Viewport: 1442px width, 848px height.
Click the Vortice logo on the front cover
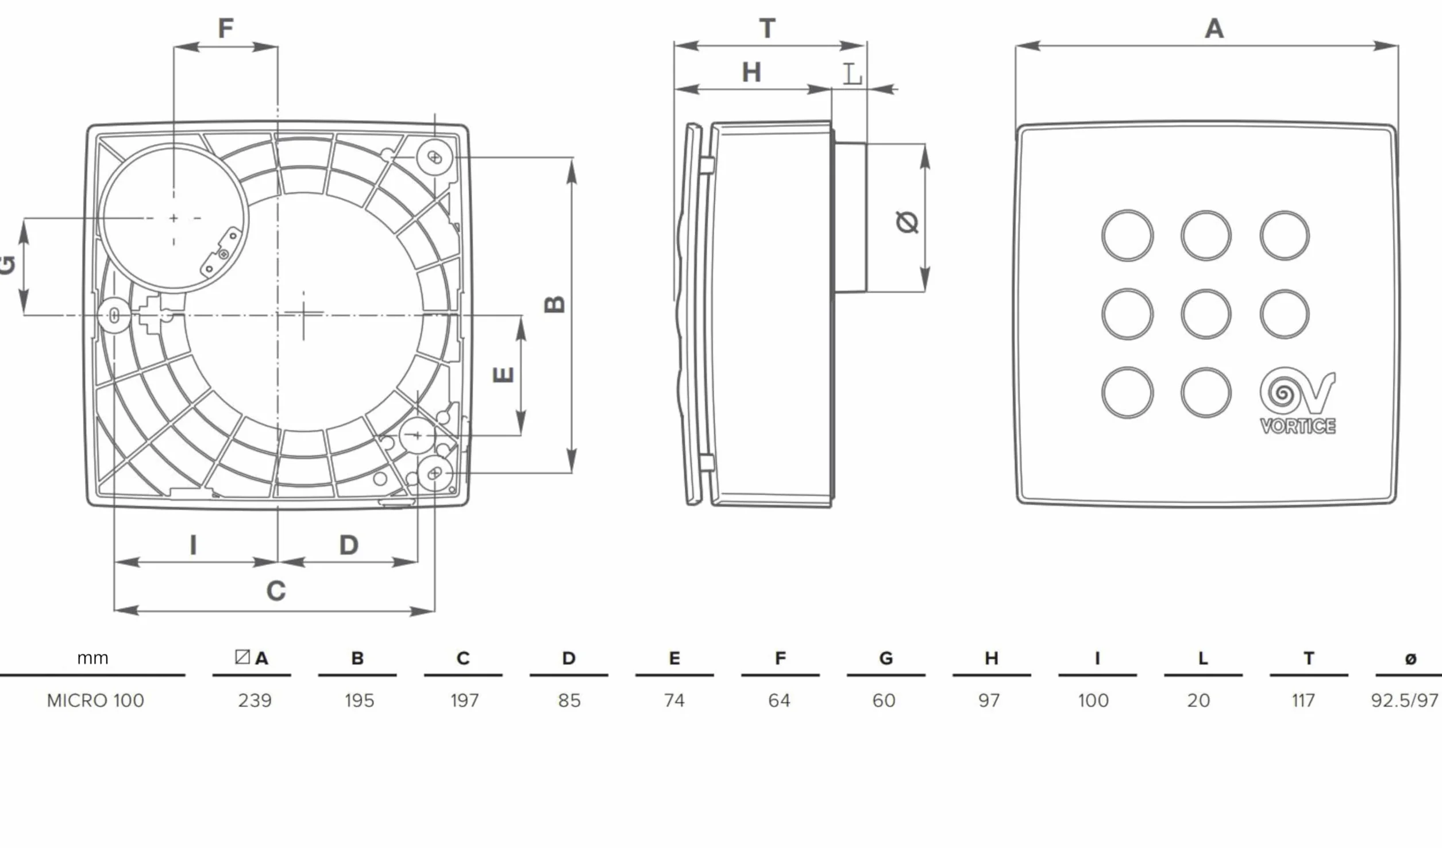1297,401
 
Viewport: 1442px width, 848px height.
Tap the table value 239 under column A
255,700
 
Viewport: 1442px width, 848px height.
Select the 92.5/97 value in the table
1405,700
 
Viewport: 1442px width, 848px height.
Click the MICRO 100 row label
95,700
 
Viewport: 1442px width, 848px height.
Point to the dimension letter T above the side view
768,28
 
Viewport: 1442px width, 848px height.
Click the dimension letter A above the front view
1214,28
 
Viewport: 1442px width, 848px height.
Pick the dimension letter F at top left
226,28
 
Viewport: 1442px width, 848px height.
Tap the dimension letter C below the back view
276,591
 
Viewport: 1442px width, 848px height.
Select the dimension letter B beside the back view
554,304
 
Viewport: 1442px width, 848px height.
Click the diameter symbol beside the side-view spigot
907,222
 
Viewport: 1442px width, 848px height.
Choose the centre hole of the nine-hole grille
1206,314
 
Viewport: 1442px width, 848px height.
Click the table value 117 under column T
1303,700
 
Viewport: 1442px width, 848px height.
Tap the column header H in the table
992,659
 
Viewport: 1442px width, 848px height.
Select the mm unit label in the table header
92,659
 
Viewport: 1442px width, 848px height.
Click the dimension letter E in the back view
503,375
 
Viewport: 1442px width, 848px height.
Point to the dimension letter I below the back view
193,545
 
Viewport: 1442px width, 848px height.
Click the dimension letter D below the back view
349,545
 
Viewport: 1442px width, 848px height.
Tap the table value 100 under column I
1093,700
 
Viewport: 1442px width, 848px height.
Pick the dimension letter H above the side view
751,72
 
